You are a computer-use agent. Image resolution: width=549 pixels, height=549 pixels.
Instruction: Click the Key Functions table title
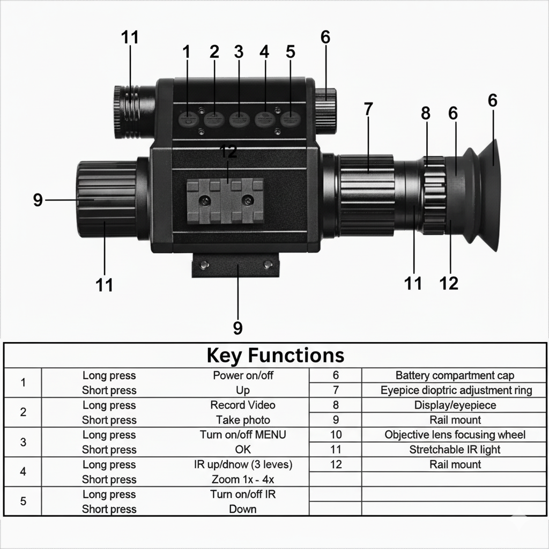(x=275, y=355)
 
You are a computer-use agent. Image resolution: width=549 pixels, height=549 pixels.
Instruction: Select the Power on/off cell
(x=243, y=375)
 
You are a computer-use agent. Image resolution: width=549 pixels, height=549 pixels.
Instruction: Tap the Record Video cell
(x=243, y=405)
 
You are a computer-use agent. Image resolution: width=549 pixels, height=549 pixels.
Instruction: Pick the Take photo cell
(x=243, y=420)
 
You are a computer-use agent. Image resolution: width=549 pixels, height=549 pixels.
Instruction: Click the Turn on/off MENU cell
(x=243, y=435)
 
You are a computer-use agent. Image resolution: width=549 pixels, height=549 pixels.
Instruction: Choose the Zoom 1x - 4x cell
(x=243, y=479)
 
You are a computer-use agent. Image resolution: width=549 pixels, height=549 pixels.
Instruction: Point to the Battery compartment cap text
(x=455, y=375)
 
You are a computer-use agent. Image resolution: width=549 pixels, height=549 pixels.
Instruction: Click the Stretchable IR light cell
(x=455, y=449)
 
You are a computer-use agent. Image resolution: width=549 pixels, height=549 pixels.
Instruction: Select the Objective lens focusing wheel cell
(x=455, y=435)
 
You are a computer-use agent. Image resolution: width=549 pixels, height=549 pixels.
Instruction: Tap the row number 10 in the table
(x=336, y=435)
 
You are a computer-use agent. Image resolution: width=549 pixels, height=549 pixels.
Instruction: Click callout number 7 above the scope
(x=368, y=109)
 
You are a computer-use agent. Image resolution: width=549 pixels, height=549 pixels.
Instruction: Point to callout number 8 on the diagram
(x=426, y=113)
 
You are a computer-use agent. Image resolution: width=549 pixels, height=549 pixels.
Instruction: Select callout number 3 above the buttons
(x=239, y=52)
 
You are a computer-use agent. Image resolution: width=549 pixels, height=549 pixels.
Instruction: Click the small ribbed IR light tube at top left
(x=129, y=112)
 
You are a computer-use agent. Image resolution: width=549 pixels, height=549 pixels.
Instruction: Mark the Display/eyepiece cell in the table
(x=455, y=405)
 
